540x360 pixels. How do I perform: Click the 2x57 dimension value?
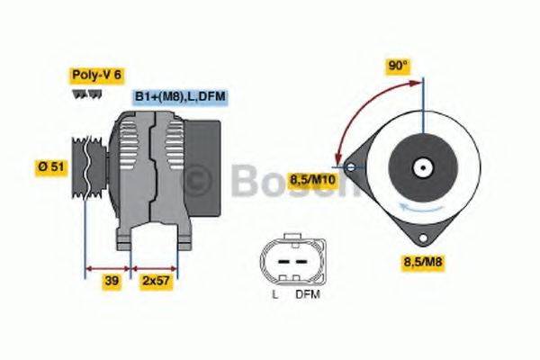click(156, 281)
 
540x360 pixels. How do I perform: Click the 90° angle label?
click(398, 65)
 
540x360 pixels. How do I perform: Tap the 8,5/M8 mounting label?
click(420, 263)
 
